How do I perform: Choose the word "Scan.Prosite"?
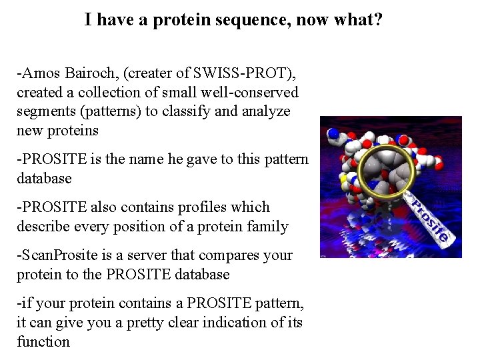tap(59, 255)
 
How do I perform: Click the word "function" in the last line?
tap(43, 342)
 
